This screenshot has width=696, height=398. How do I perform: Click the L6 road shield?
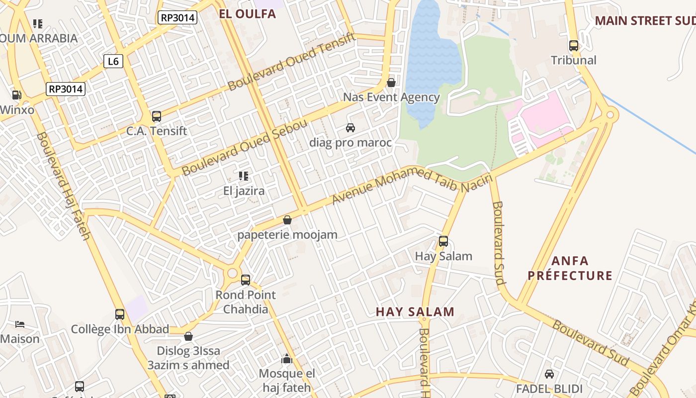point(113,61)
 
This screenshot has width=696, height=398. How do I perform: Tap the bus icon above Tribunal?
point(574,46)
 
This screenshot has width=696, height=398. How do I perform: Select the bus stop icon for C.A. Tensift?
point(157,116)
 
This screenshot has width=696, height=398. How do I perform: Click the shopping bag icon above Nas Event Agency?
point(391,82)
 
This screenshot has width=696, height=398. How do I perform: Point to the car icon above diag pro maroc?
point(350,128)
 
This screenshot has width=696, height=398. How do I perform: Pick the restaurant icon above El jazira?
point(244,176)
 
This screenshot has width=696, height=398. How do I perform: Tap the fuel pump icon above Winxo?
point(16,95)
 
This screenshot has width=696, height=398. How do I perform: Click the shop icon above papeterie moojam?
point(287,219)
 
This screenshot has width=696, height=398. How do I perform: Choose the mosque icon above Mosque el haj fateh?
point(286,359)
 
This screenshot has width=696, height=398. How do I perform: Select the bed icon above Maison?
point(20,324)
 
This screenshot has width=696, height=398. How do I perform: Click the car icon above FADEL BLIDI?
point(549,374)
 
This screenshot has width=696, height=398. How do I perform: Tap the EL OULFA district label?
point(247,14)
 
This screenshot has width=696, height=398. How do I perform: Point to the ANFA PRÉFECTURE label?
point(570,268)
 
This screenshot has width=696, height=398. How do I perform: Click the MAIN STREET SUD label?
point(645,21)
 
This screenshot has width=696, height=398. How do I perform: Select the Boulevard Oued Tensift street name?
point(292,62)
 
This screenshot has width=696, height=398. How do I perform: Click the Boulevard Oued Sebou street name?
point(245,148)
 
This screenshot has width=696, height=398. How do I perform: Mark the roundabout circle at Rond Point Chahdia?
point(232,273)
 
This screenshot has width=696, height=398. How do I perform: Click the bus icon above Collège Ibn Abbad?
point(120,314)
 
